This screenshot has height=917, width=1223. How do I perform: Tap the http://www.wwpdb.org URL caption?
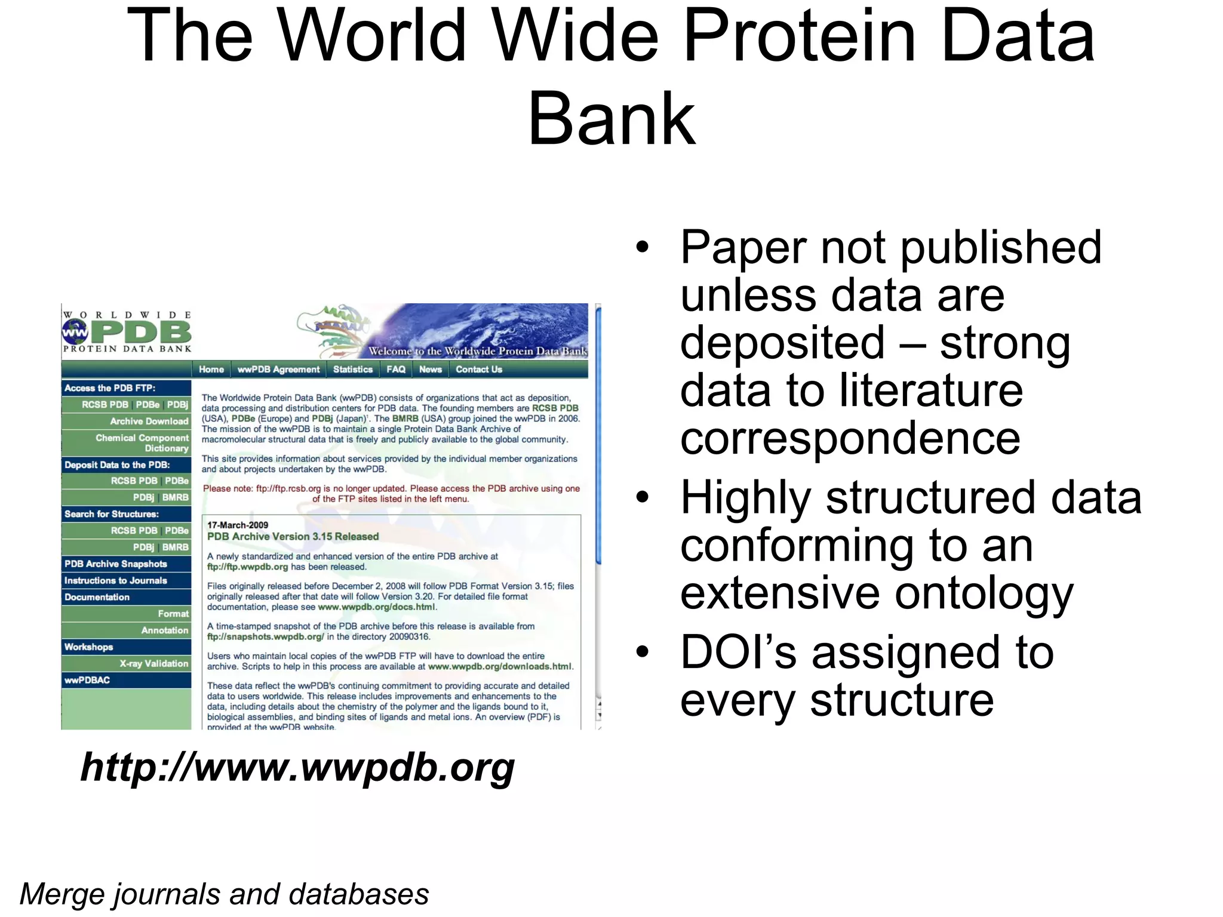297,768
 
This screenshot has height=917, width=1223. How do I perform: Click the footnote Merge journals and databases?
224,894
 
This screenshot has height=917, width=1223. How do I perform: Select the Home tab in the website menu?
211,370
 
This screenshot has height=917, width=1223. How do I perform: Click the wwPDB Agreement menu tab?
278,370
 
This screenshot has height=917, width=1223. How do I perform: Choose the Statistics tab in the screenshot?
352,370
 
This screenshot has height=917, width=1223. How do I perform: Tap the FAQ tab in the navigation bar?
396,370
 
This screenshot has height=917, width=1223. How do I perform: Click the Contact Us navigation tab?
479,370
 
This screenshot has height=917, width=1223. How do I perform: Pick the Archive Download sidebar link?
149,421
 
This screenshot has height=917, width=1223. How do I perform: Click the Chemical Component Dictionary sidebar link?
142,443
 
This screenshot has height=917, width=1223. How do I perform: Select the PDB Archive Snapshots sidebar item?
116,564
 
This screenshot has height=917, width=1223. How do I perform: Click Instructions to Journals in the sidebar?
116,580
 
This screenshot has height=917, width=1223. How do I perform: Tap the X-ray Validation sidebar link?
153,663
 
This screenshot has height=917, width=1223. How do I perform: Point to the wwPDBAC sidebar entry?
87,680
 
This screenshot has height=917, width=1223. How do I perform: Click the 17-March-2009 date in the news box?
238,525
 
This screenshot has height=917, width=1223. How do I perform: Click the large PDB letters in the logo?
143,332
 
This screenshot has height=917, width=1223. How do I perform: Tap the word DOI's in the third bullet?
738,652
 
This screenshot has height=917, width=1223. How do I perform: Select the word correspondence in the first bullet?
850,438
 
